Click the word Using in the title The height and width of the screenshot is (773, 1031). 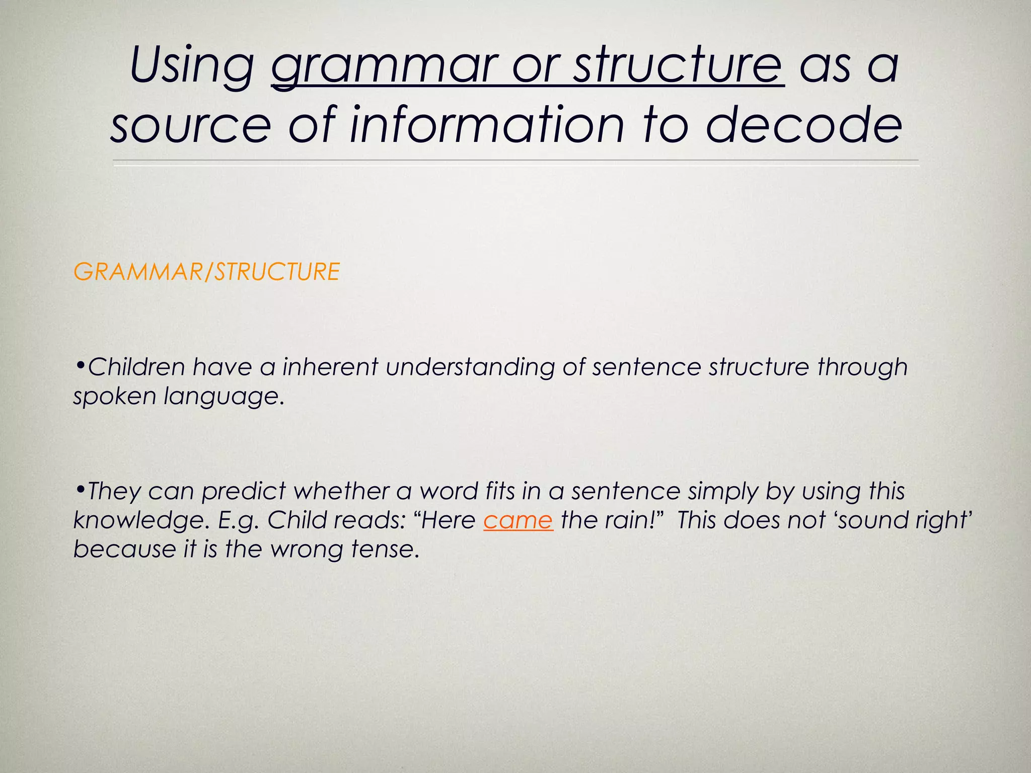click(192, 67)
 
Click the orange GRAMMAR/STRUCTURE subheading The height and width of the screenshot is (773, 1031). click(206, 272)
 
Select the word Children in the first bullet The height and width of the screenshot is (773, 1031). click(136, 366)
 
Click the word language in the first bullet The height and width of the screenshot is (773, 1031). click(225, 397)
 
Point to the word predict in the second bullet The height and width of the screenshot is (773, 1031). click(244, 491)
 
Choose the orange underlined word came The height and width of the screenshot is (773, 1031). click(518, 520)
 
